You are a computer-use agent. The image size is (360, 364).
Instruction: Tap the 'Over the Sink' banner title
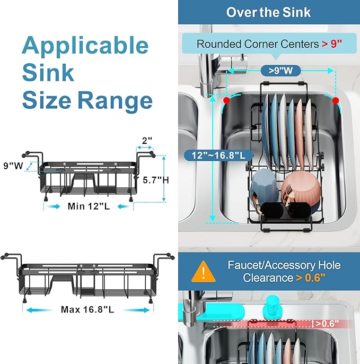[x=268, y=12]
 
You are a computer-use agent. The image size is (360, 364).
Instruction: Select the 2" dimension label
[x=147, y=141]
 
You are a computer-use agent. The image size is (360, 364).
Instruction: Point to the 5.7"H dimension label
[x=156, y=180]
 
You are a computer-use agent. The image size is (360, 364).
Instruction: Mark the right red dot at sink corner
[x=335, y=99]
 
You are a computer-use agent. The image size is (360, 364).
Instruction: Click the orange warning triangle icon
[x=200, y=272]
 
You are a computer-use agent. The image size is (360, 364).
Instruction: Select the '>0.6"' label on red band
[x=328, y=324]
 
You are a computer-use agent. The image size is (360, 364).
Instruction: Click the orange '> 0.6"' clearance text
[x=318, y=278]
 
